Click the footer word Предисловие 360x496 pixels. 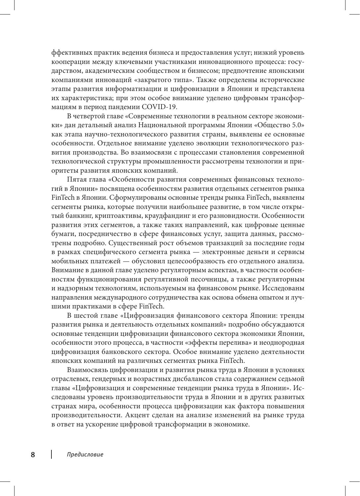click(x=85, y=454)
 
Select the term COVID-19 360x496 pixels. click(x=160, y=106)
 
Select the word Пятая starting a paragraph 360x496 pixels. click(x=77, y=180)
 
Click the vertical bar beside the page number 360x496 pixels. click(x=51, y=454)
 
